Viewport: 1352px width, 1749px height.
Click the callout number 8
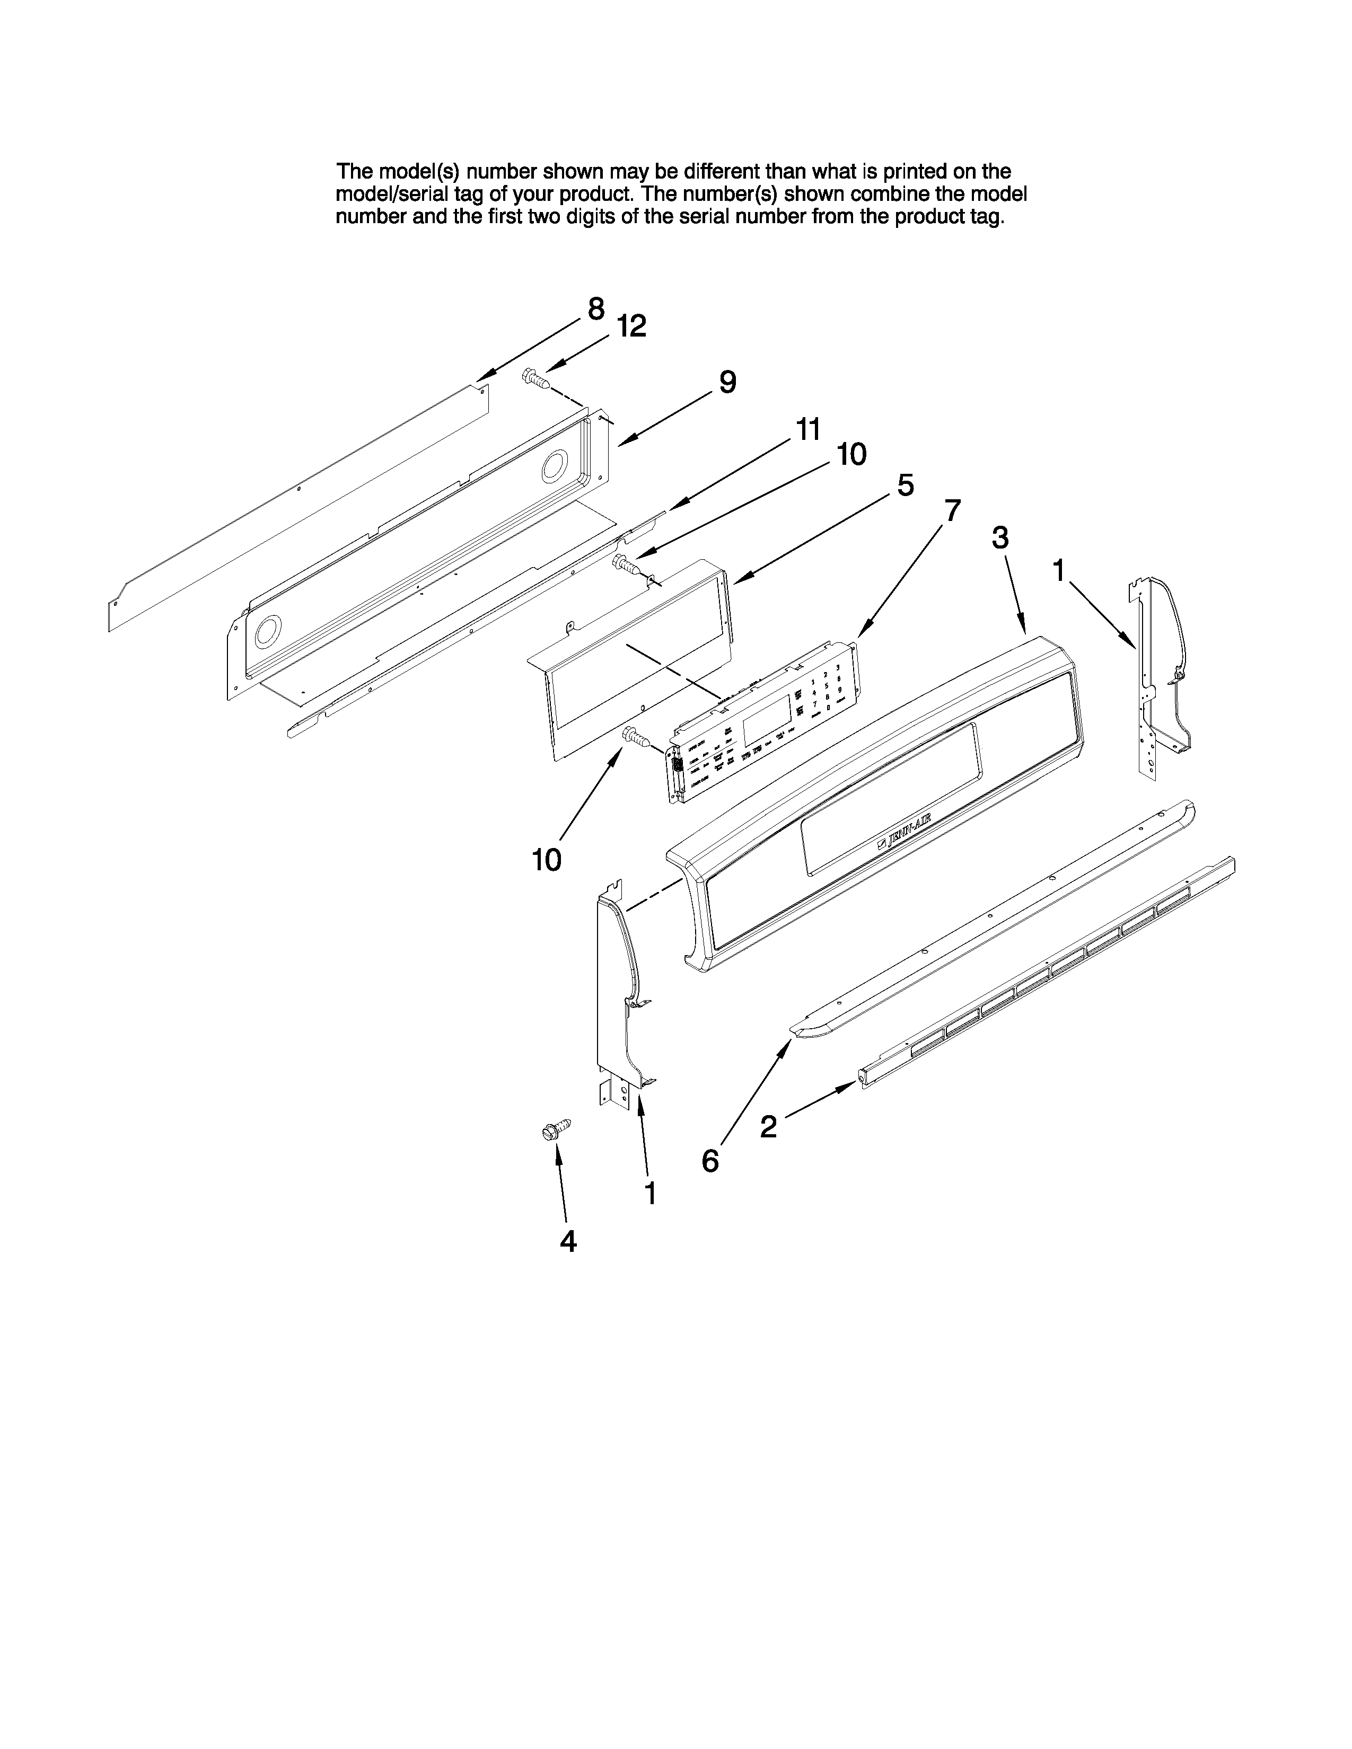click(596, 308)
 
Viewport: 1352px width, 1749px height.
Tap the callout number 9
click(726, 382)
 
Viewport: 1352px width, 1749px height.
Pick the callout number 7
click(952, 510)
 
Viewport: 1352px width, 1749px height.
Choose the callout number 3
click(999, 538)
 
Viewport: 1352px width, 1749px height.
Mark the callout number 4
click(568, 1241)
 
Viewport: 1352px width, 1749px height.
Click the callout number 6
click(709, 1160)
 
